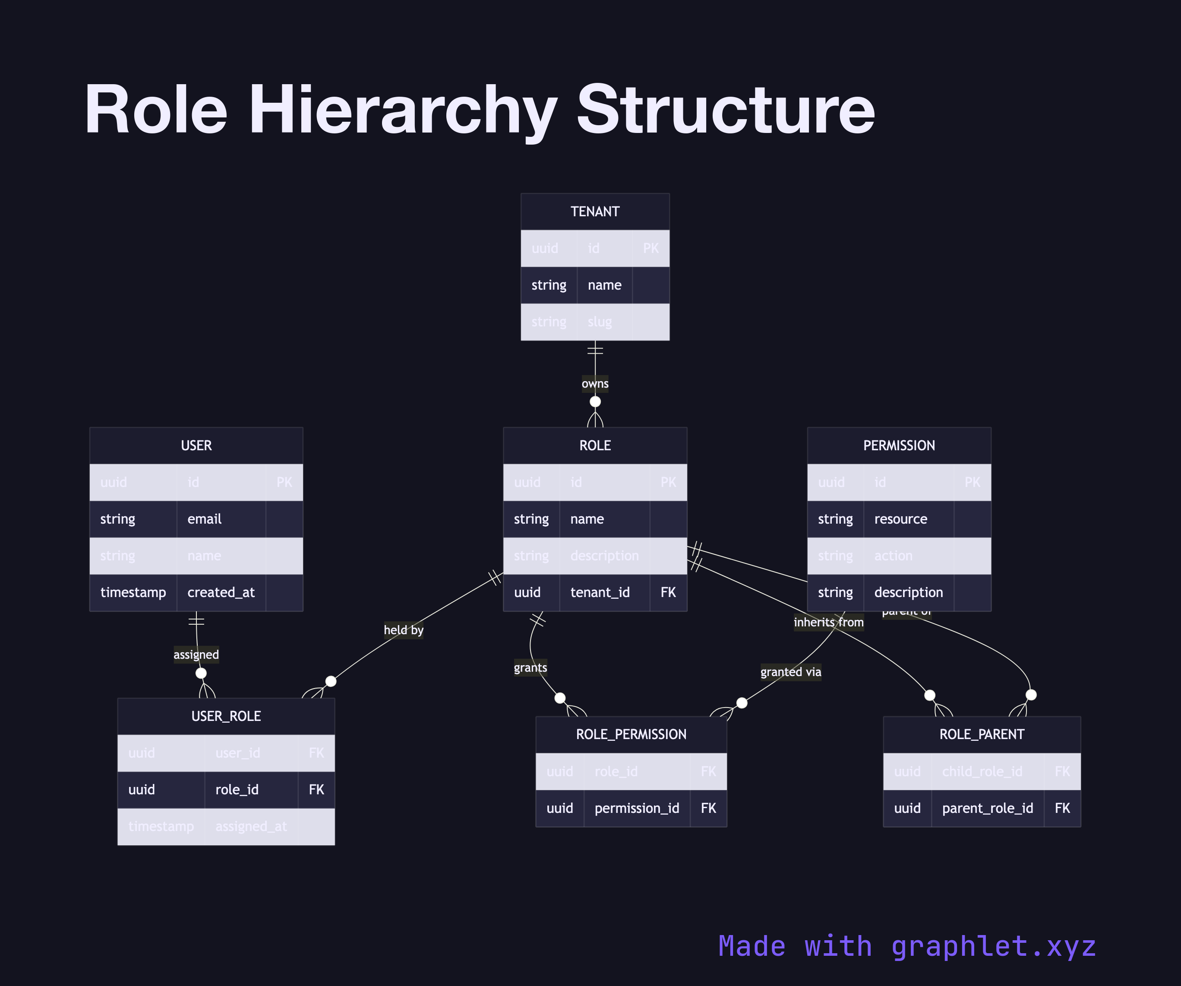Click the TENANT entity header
(595, 212)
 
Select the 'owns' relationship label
(595, 384)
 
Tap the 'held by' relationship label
(403, 630)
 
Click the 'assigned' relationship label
(196, 654)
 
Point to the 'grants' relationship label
(530, 668)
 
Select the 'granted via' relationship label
(790, 672)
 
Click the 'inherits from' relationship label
(828, 622)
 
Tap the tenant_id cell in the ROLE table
(600, 592)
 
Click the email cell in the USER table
(204, 518)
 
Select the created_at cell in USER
(221, 592)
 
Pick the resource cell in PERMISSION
(900, 518)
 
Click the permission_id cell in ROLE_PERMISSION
(637, 808)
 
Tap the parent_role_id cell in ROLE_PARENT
(987, 808)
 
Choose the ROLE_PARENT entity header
(981, 734)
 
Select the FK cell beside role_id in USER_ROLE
(316, 790)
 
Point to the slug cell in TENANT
(600, 322)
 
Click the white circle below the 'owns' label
(595, 401)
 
